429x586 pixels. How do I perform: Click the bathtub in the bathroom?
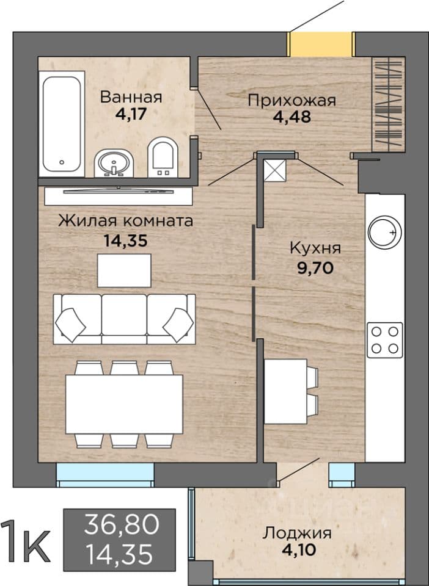point(62,124)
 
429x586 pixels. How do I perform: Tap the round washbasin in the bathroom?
point(114,164)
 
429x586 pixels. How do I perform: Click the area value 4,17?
point(131,114)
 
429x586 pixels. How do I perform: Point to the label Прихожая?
point(291,100)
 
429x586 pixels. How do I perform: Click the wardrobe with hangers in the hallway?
point(388,104)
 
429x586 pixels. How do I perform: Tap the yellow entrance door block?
point(321,45)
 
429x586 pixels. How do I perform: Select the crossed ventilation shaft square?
point(275,171)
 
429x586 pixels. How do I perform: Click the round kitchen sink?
point(385,233)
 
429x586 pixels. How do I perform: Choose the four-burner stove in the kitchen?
point(385,340)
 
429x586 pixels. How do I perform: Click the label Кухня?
point(315,248)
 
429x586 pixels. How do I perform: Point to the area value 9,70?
point(315,267)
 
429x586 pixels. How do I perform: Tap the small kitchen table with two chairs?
point(291,391)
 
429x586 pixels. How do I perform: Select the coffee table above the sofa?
point(125,270)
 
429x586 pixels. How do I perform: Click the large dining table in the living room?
point(124,404)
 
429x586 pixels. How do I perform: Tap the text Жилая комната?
point(126,221)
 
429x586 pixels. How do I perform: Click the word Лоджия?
point(297,532)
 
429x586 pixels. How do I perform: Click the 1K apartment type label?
point(26,541)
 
